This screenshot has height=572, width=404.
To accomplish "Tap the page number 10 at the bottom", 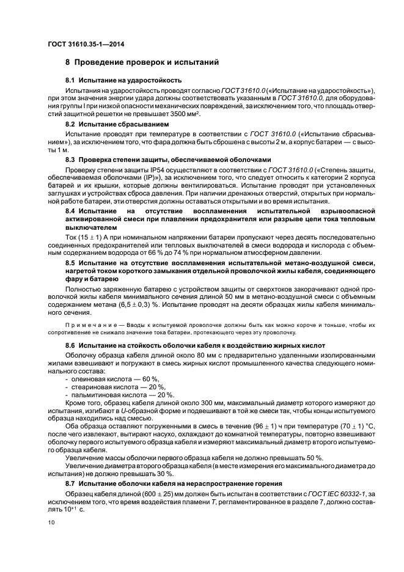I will click(x=51, y=522).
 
